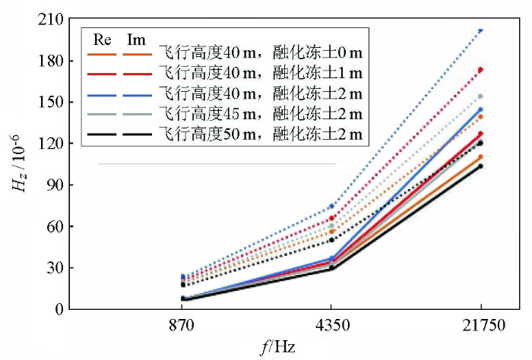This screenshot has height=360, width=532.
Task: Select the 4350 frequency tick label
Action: (x=332, y=327)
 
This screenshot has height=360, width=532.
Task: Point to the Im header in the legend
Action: (x=137, y=39)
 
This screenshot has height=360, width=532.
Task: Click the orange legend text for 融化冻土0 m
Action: (x=261, y=54)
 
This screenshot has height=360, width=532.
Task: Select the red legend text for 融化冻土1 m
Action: (x=261, y=74)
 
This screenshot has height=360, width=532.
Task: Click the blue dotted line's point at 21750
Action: (x=480, y=30)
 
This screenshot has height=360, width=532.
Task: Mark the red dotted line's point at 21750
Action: (x=480, y=70)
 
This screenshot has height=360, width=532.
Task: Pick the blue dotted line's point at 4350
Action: (x=332, y=206)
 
